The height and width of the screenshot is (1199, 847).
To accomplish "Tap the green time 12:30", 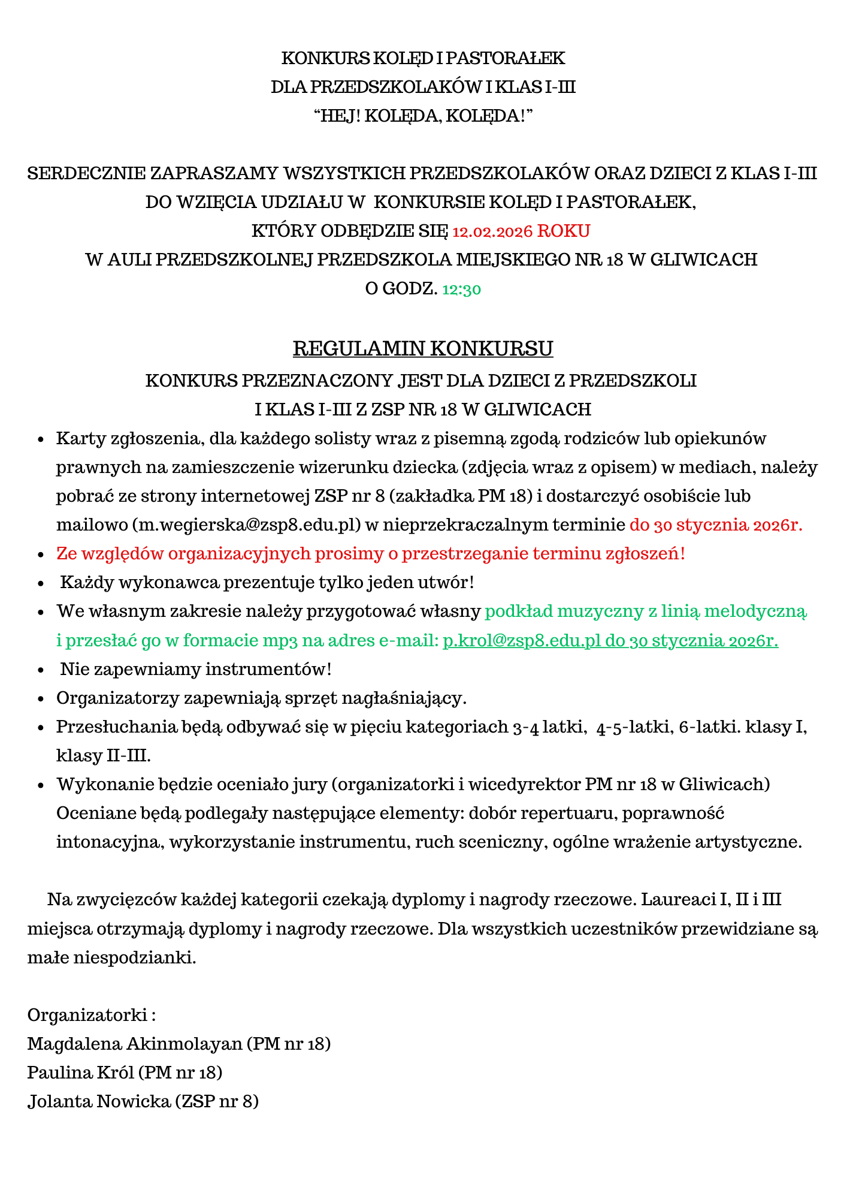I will pos(461,290).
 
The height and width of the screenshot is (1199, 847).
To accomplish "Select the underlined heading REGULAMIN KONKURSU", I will pos(423,348).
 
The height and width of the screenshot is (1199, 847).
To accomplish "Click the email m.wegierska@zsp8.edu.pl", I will pos(249,525).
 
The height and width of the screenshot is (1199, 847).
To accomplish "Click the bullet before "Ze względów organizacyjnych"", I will pos(41,555).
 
